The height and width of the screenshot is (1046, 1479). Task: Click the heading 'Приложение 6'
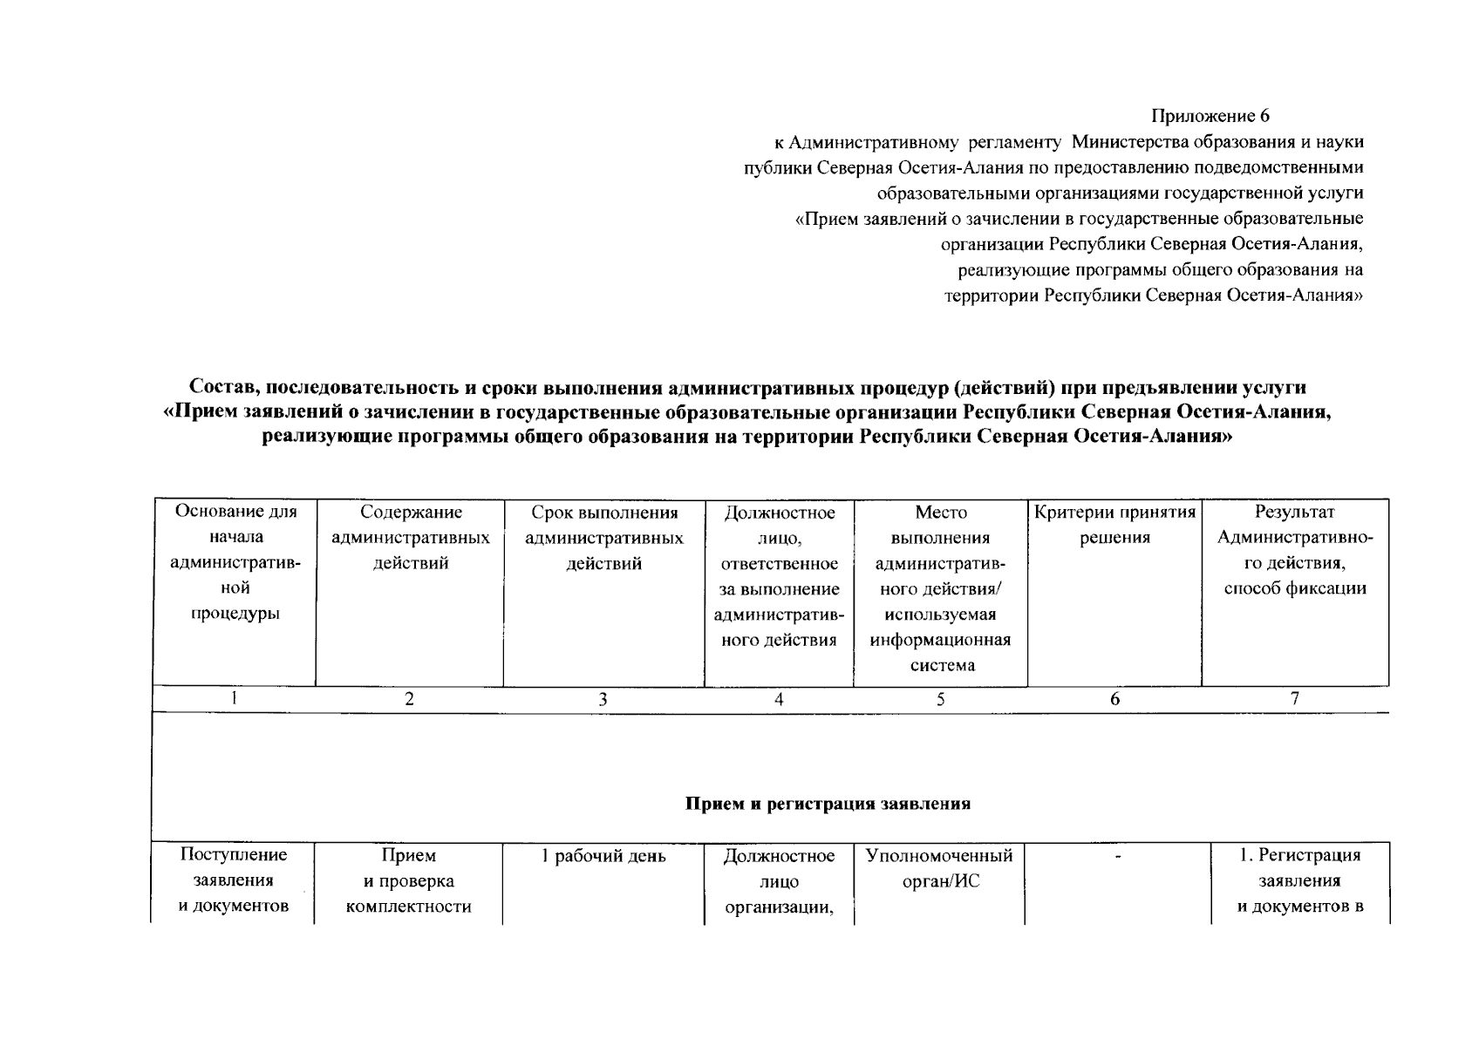pyautogui.click(x=1210, y=116)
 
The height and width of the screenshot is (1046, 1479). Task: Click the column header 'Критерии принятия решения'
pyautogui.click(x=1114, y=525)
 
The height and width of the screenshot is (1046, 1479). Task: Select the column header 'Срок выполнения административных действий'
pyautogui.click(x=603, y=538)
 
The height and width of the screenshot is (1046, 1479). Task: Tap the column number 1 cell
pyautogui.click(x=234, y=698)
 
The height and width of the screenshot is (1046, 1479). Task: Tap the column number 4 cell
pyautogui.click(x=778, y=699)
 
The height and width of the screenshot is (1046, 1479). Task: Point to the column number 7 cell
pyautogui.click(x=1294, y=698)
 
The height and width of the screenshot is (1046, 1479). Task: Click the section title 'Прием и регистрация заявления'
pyautogui.click(x=828, y=804)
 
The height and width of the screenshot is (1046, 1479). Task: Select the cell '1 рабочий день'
pyautogui.click(x=603, y=856)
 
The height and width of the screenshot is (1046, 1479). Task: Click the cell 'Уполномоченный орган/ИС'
pyautogui.click(x=939, y=868)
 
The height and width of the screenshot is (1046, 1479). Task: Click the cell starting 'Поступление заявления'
pyautogui.click(x=234, y=880)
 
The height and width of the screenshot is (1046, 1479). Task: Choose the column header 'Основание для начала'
pyautogui.click(x=235, y=562)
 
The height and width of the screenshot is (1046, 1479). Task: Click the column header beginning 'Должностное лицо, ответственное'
pyautogui.click(x=779, y=576)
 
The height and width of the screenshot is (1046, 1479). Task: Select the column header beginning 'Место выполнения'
pyautogui.click(x=940, y=588)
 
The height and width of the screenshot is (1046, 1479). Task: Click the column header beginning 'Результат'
pyautogui.click(x=1294, y=550)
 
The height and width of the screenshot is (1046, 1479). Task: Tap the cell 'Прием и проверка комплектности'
pyautogui.click(x=408, y=880)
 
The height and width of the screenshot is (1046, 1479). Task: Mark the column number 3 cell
pyautogui.click(x=603, y=699)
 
